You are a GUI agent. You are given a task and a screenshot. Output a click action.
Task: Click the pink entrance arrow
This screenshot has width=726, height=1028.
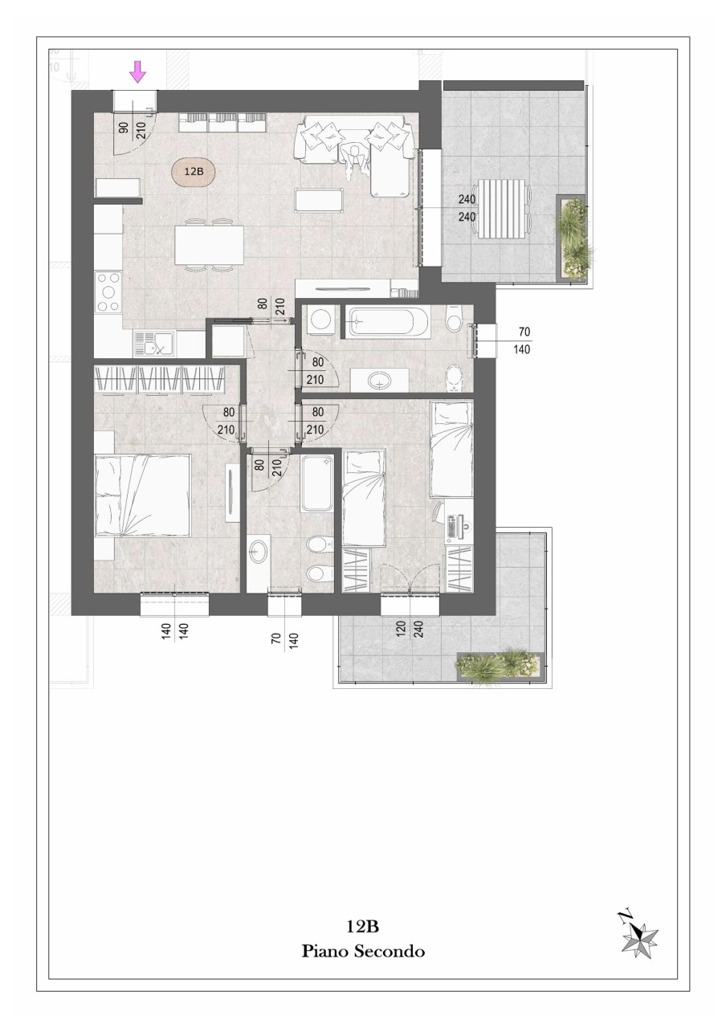pos(137,72)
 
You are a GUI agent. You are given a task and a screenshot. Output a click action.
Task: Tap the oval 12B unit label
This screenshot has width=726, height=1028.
pos(194,172)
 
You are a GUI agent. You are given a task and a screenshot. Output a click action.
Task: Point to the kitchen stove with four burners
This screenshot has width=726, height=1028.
pos(108,292)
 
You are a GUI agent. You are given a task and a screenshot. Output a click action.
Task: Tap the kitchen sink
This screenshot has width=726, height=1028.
pos(153,345)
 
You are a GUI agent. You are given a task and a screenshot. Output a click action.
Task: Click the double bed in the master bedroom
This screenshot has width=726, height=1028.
pos(142,496)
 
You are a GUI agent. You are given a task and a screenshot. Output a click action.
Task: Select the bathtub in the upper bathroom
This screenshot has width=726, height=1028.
pos(385,322)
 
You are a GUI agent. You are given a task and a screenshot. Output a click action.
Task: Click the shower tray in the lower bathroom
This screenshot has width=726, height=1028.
pos(317,483)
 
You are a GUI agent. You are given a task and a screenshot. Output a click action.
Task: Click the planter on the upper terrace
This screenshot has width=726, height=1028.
pos(571,238)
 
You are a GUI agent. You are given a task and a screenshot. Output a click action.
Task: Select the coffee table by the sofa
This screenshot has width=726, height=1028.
pos(320,201)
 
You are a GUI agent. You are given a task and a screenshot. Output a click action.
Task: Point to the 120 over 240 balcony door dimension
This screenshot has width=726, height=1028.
pos(409,630)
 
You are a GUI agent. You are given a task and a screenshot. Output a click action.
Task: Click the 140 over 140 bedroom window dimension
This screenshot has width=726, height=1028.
pos(175,631)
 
